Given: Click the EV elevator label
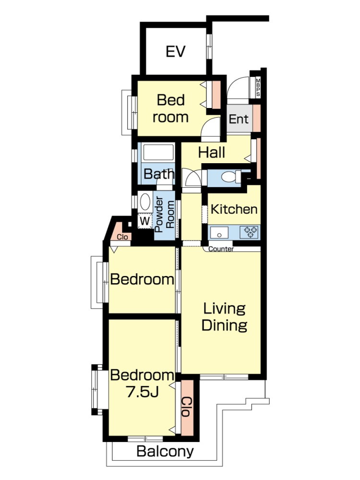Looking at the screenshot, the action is point(175,51).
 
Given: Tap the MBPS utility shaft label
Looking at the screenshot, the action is point(258,87).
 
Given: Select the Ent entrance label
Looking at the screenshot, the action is point(239,119).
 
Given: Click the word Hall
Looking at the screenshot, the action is point(212,152).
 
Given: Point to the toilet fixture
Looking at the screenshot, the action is point(230,177).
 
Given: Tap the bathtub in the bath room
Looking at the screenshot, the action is point(158,152).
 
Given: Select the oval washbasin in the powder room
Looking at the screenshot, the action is point(145,202).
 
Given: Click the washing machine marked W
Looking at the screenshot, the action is point(145,221).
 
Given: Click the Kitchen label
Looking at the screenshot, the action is point(234,209).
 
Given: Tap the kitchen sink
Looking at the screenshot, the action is point(219,233).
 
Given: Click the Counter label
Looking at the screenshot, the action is point(221,249).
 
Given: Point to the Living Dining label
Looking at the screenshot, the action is point(224,317).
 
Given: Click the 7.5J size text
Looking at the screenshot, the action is point(143,392).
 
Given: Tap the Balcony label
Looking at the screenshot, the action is point(165,451).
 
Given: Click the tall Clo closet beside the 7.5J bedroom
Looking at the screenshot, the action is point(187,407).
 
